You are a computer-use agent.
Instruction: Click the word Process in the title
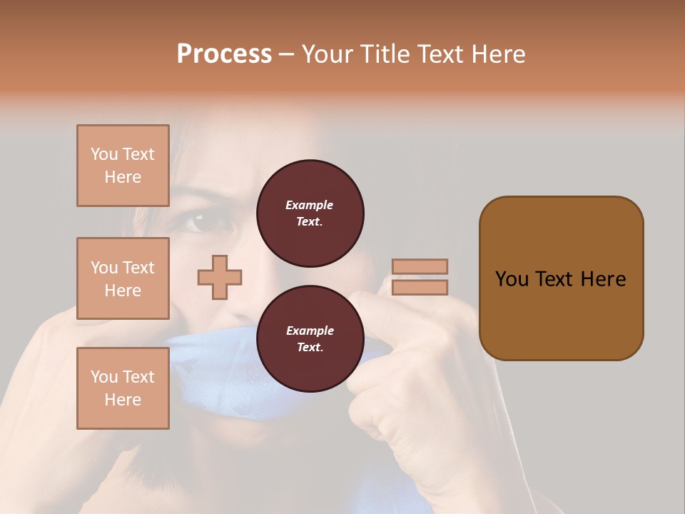point(224,54)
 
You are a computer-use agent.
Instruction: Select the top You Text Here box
point(123,166)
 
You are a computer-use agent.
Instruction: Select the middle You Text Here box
point(123,278)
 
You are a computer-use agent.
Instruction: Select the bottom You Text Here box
point(123,388)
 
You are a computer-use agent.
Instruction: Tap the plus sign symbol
point(220,277)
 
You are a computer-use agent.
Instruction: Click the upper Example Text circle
point(310,213)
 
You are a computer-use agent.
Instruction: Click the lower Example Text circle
point(310,339)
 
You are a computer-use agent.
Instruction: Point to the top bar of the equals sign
point(420,266)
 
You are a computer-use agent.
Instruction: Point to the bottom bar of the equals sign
point(420,287)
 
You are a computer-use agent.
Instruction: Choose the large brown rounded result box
point(561,278)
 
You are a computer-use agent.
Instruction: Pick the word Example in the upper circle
point(310,205)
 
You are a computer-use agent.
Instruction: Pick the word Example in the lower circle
point(310,331)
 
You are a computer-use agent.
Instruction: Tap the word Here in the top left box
point(123,177)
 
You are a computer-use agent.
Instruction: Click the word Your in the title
point(326,54)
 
